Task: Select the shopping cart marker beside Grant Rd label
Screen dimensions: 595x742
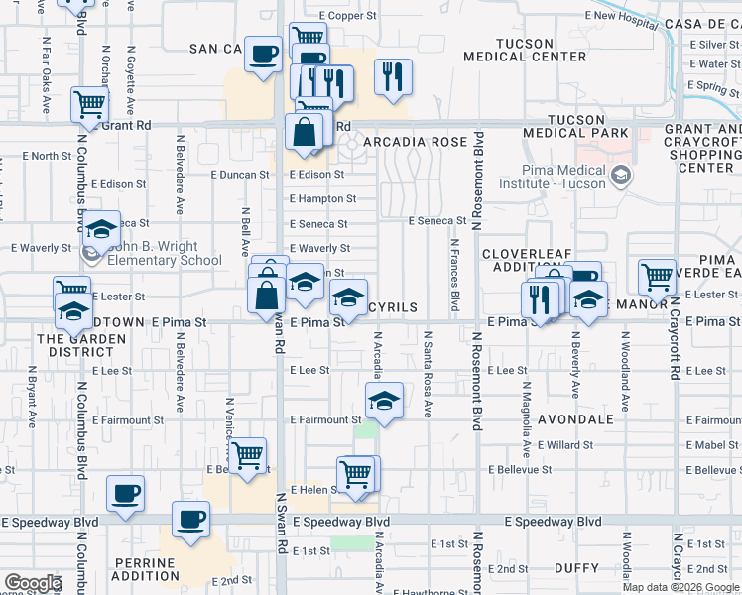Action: [90, 103]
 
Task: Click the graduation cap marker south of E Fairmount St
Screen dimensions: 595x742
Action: [383, 401]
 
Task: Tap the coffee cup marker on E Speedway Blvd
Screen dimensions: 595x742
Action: [190, 519]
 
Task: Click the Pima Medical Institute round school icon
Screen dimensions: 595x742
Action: [621, 177]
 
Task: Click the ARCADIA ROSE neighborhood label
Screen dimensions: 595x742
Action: [415, 143]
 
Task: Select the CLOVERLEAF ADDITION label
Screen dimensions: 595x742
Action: [529, 261]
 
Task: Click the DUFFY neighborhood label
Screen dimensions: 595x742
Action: [575, 568]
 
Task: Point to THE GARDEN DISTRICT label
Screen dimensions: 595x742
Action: [76, 345]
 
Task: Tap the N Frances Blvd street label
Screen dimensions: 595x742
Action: [454, 275]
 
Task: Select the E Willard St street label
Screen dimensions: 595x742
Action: [569, 445]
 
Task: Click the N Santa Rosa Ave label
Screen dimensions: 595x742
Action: [429, 374]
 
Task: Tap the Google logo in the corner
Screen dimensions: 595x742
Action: [33, 583]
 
